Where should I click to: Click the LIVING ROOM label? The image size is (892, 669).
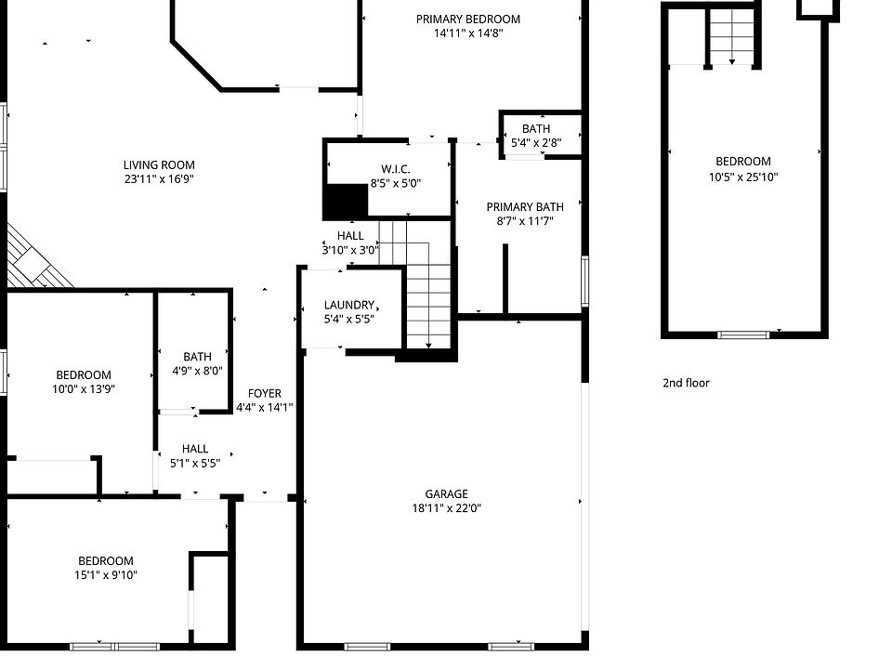click(159, 164)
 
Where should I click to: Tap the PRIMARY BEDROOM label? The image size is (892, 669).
click(467, 19)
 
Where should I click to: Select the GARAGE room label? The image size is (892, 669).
click(447, 494)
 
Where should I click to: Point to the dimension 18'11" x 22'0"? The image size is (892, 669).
click(447, 508)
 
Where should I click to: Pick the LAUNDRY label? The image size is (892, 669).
click(348, 305)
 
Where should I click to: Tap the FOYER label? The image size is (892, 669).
click(264, 393)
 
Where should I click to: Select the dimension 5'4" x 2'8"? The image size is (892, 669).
click(536, 143)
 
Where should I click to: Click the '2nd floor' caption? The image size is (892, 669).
click(686, 383)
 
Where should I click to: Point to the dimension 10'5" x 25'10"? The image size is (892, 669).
click(743, 177)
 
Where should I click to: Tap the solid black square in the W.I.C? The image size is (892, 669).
click(345, 201)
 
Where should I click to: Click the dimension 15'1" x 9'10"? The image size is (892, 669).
click(105, 575)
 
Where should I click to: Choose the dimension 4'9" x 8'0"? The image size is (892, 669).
click(197, 371)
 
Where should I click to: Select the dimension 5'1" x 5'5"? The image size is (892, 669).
click(195, 463)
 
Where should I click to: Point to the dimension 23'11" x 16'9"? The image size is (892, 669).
click(159, 178)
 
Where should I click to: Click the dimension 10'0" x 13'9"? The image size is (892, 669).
click(83, 389)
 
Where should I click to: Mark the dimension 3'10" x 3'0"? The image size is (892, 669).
click(350, 250)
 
